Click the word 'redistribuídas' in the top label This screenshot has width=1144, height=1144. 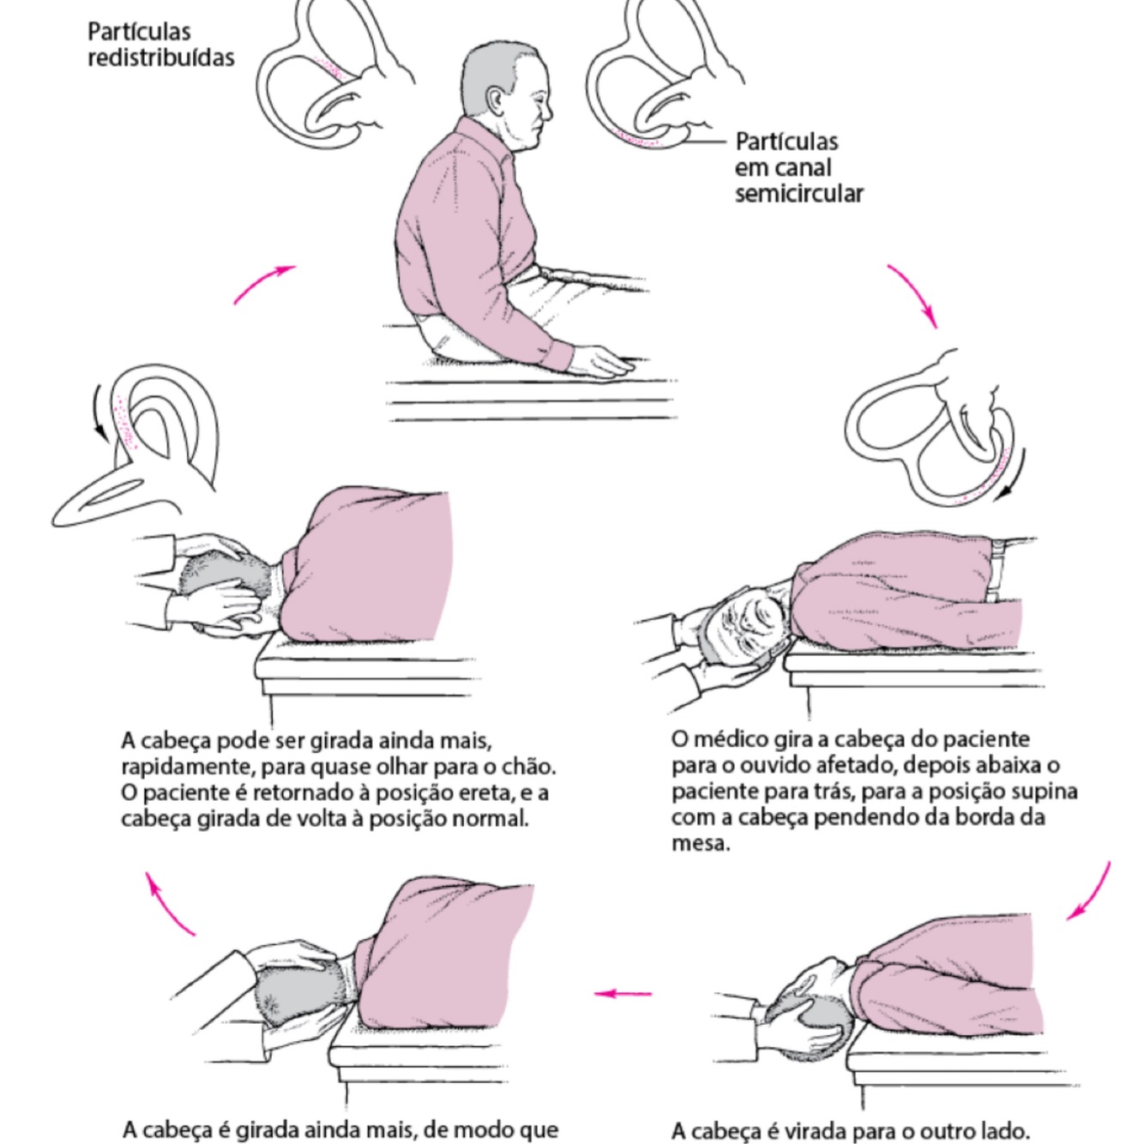point(161,58)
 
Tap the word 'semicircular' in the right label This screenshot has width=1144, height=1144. point(799,194)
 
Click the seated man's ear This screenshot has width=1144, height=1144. point(495,101)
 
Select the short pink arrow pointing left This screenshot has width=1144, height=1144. point(623,992)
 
